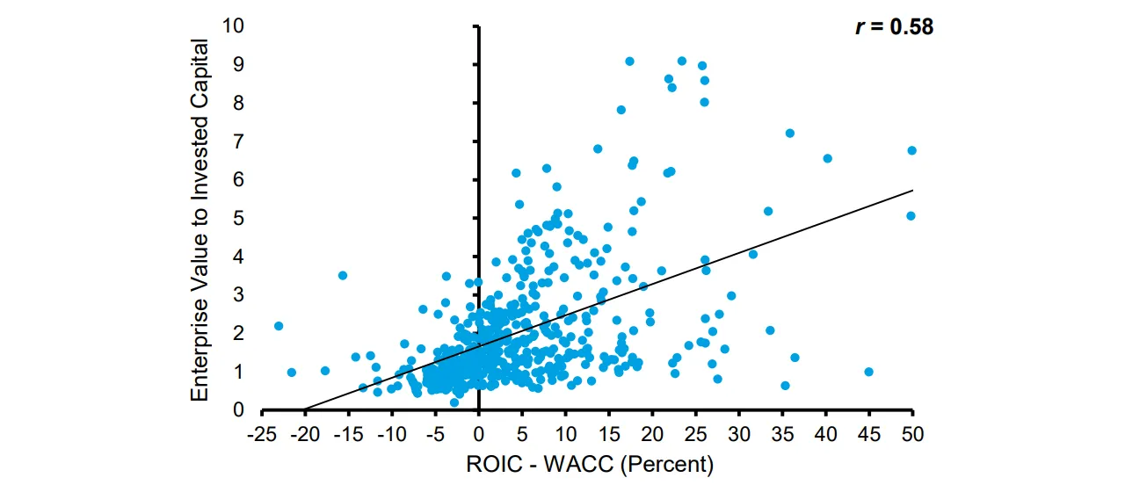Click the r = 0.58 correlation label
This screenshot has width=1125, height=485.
(895, 26)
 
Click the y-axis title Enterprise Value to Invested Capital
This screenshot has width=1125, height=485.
(200, 220)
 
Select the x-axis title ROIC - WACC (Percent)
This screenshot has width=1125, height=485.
(590, 465)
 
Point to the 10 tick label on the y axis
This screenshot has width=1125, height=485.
(233, 25)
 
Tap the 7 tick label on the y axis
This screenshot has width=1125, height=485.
(238, 141)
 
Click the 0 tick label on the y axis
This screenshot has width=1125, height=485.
(238, 410)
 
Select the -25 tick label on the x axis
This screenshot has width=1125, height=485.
(262, 434)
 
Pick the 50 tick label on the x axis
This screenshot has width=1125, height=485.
(912, 434)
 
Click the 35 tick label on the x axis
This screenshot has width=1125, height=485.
(782, 434)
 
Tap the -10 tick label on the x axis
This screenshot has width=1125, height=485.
(392, 434)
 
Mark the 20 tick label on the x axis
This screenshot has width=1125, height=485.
(652, 434)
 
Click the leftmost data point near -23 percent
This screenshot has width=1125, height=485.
(279, 326)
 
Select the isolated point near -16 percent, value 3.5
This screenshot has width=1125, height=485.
(343, 275)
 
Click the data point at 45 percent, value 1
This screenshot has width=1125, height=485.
(869, 372)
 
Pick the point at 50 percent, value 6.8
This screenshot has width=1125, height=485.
(912, 150)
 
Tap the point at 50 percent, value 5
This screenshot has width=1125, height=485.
(911, 216)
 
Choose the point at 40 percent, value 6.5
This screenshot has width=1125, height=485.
(828, 159)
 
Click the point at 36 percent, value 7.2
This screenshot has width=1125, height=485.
(790, 133)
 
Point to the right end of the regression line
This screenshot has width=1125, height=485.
(912, 191)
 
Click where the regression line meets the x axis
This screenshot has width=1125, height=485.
(305, 409)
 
